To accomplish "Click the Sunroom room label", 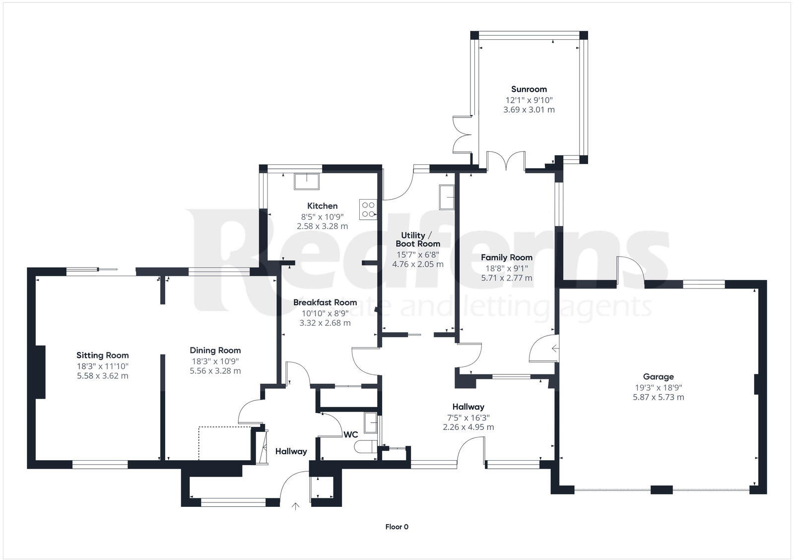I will [x=529, y=89].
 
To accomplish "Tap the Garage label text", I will [x=658, y=377].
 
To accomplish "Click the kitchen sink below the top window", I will [x=308, y=182].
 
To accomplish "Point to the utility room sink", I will [x=447, y=198].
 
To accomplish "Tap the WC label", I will [x=351, y=435].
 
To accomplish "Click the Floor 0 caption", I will [x=397, y=527].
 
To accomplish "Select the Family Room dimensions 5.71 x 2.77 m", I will [x=506, y=278].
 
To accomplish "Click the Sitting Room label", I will [x=102, y=355].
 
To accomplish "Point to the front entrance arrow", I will [x=296, y=506].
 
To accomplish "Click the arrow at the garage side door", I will [x=555, y=350].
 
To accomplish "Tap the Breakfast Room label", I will [x=325, y=302].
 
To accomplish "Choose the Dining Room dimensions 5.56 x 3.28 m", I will [x=215, y=371].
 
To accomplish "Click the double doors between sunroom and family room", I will [x=506, y=162].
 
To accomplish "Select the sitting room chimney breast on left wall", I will [x=39, y=371].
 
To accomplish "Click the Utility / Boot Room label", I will [x=417, y=239].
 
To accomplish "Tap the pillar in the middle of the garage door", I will [x=661, y=490].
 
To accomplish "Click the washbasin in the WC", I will [x=370, y=422].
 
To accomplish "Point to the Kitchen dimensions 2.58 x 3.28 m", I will [x=322, y=226].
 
